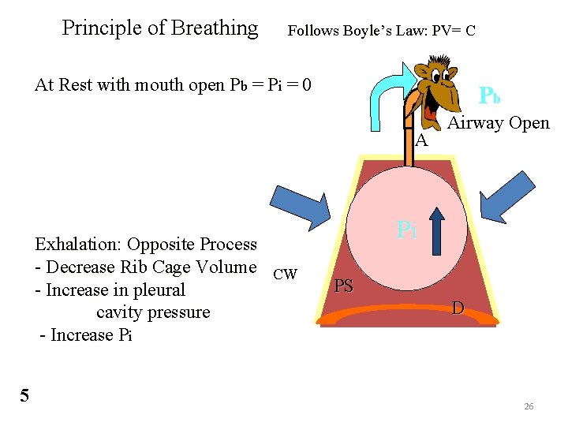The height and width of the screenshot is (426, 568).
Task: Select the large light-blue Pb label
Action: [x=490, y=95]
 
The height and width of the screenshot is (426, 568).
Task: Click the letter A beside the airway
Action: [x=421, y=141]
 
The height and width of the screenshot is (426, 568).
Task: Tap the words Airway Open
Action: [x=499, y=123]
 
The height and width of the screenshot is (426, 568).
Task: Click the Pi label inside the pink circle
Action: [x=406, y=230]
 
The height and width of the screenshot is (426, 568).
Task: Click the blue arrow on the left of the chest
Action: [x=301, y=206]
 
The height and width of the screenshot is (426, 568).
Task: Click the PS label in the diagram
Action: [x=343, y=286]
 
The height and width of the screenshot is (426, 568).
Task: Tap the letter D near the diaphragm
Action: [x=458, y=307]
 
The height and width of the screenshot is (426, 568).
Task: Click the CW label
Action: [x=284, y=275]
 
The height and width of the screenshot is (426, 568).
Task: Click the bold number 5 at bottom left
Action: [x=24, y=395]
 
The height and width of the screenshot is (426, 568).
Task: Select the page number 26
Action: [x=529, y=406]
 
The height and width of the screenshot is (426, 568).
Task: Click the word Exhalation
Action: [x=79, y=245]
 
